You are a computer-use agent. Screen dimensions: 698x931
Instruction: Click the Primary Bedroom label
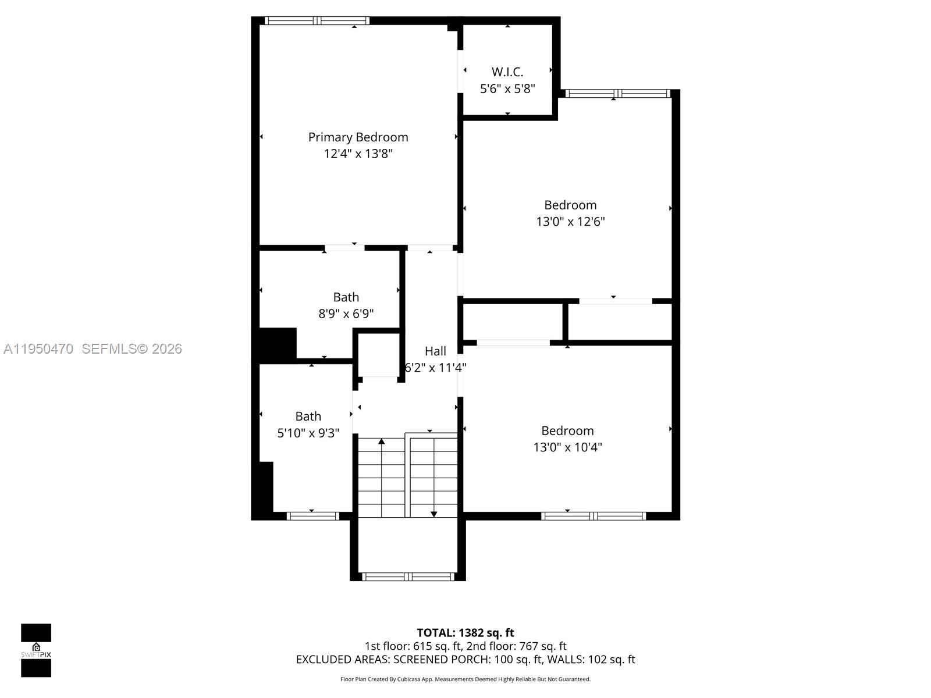click(x=358, y=137)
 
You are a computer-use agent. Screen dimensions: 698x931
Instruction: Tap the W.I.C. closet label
click(x=507, y=72)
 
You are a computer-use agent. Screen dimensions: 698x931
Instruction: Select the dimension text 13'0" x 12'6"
click(x=570, y=222)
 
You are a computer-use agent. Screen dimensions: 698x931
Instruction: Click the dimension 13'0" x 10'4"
click(x=567, y=447)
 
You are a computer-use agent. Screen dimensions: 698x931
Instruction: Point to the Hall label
click(x=435, y=351)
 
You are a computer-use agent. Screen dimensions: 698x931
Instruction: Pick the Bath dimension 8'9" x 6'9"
click(x=346, y=314)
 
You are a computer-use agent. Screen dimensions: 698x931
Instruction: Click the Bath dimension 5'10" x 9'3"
click(x=308, y=433)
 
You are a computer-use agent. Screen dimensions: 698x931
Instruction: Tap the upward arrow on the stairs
click(x=381, y=442)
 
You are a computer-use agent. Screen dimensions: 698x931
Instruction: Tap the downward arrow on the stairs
click(x=433, y=513)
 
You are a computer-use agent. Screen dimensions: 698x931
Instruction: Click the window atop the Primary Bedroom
click(x=317, y=21)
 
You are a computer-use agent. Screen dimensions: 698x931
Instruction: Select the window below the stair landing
click(x=407, y=577)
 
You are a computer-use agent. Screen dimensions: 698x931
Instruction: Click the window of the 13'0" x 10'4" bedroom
click(x=593, y=516)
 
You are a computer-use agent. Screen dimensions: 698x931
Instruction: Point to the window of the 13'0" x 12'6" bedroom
click(x=617, y=94)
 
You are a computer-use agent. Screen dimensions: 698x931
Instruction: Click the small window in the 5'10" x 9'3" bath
click(x=312, y=516)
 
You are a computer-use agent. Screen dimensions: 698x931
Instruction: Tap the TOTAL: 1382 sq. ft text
click(x=465, y=633)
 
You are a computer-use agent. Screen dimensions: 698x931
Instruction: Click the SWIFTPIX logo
click(x=36, y=650)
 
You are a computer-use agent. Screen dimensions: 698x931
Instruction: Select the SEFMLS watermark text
click(x=132, y=349)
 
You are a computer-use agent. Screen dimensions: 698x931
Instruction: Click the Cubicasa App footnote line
click(x=465, y=679)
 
